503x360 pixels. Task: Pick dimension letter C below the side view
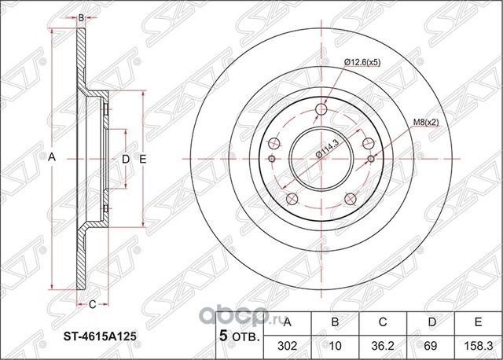[91, 303]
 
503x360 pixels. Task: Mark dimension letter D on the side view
[125, 160]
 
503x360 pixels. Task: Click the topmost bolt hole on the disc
[319, 110]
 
